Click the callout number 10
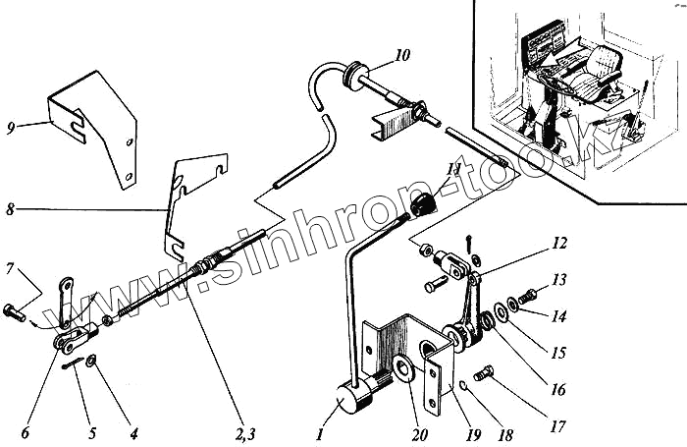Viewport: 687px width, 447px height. point(403,55)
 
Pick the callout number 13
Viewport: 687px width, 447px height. point(558,280)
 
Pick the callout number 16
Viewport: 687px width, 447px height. point(558,389)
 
